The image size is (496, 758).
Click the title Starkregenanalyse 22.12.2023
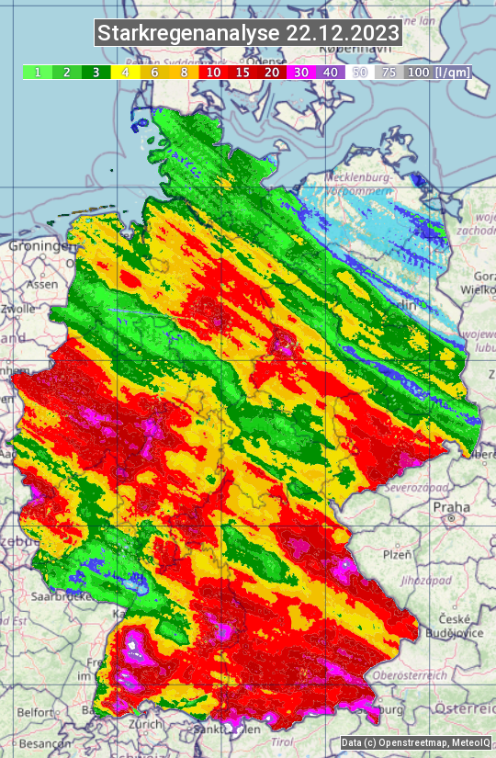point(248,34)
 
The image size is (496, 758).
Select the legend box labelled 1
point(37,72)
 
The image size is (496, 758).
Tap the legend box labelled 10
point(213,72)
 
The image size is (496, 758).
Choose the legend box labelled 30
point(301,72)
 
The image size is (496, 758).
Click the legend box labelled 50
point(360,72)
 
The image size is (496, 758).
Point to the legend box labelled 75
point(389,72)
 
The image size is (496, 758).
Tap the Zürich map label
point(145,723)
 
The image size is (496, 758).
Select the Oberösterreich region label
point(418,675)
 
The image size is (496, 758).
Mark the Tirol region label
point(281,741)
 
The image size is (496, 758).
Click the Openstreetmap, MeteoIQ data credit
point(415,742)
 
